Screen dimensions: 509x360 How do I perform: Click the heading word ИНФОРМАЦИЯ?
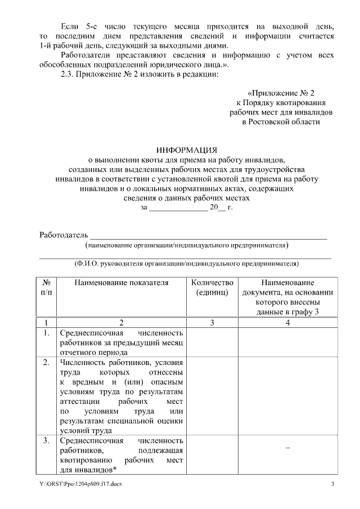[x=186, y=150]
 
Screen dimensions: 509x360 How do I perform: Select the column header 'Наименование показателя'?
[x=121, y=283]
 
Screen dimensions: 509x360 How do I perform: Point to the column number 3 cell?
[x=212, y=322]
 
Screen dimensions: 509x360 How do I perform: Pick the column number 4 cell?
[x=287, y=322]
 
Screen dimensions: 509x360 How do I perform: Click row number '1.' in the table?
[x=46, y=333]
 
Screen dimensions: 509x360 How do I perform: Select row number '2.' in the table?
[x=46, y=362]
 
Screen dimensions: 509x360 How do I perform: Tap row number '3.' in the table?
[x=46, y=440]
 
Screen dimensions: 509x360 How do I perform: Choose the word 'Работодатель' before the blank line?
[x=64, y=235]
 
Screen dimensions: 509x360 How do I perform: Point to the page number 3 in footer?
[x=332, y=484]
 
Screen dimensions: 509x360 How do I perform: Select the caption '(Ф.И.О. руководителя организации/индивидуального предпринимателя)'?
[x=186, y=263]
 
